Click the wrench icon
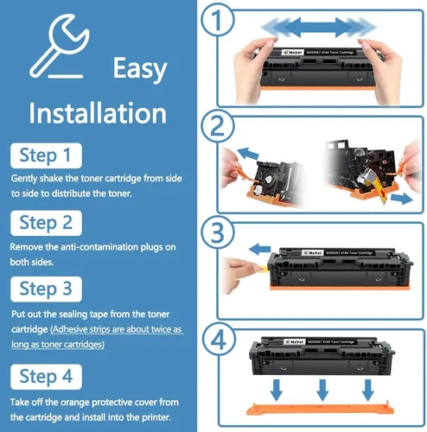click(52, 48)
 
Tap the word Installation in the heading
click(97, 113)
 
